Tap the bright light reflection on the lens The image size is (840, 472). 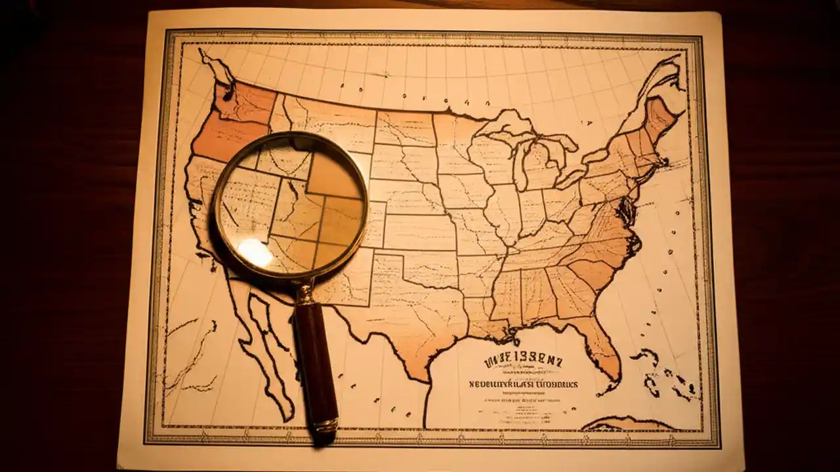[254, 252]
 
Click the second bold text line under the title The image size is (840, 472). [523, 384]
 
